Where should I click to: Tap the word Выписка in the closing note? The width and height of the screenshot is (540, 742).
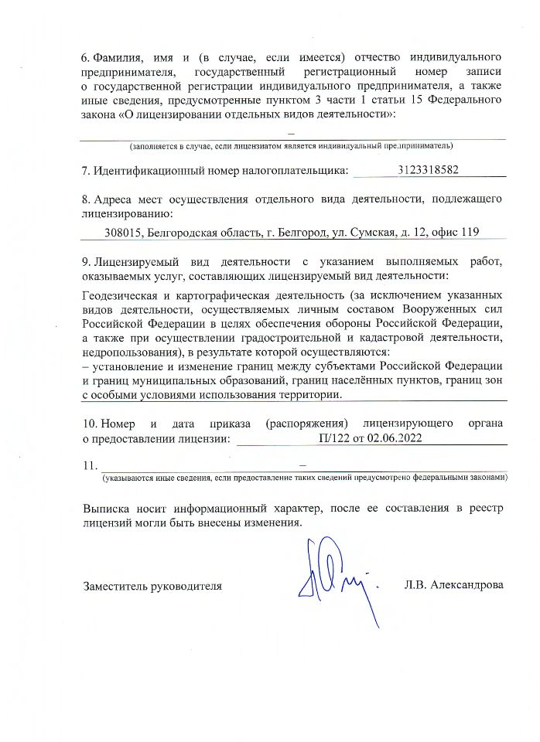[x=106, y=508]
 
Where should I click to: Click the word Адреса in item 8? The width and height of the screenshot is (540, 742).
[x=111, y=199]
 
